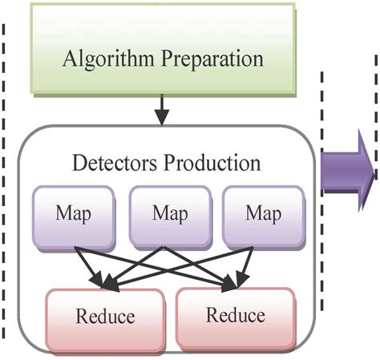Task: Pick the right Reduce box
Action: click(x=235, y=312)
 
